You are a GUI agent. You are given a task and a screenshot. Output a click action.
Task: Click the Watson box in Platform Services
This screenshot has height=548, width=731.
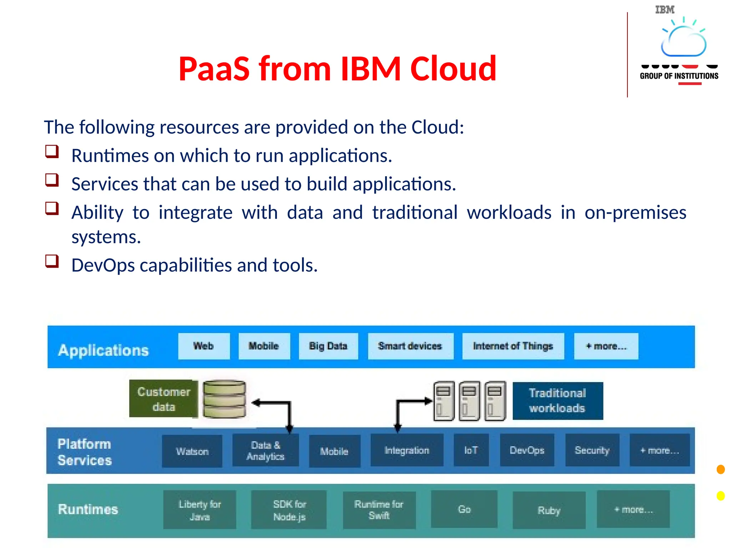pos(192,451)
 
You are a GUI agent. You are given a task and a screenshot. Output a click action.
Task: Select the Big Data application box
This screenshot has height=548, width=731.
pos(328,346)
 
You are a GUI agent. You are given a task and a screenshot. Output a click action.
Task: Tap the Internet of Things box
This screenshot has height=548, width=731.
pos(513,346)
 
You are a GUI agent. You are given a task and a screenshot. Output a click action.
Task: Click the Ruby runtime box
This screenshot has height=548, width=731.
pos(549,510)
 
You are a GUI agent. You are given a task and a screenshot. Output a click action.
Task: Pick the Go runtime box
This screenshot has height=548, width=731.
pos(464,509)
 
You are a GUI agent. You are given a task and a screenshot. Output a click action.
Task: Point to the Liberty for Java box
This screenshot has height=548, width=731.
pos(200,510)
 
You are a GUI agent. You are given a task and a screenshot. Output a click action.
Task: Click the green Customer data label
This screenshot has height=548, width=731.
pos(163,399)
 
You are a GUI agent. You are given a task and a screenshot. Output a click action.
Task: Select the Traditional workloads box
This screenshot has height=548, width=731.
pos(558,401)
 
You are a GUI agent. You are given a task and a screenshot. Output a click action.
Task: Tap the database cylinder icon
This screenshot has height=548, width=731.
pos(224,399)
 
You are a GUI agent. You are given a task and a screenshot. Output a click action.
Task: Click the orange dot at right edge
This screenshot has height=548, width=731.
pos(721,470)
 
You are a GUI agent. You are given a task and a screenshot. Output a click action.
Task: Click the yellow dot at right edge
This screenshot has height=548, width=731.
pos(721,496)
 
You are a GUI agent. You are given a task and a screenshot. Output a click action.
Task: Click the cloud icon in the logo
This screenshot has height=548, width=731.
pos(684,42)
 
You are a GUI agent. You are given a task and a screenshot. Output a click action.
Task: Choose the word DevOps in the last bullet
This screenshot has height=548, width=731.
pos(103,265)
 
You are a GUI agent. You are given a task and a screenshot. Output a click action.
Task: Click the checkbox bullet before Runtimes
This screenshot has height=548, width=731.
pos(52,152)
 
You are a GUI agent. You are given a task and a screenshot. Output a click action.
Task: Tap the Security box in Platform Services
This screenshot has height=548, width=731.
pos(592,450)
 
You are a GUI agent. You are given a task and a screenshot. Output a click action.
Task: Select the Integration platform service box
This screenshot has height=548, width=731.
pos(407,450)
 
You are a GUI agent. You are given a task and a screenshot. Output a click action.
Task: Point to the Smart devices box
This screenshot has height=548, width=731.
pos(410,346)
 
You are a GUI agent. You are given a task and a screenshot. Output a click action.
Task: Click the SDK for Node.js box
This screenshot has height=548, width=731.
pos(289,510)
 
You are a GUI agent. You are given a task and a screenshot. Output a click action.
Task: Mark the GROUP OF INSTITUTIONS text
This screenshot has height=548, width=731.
pos(679,76)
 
